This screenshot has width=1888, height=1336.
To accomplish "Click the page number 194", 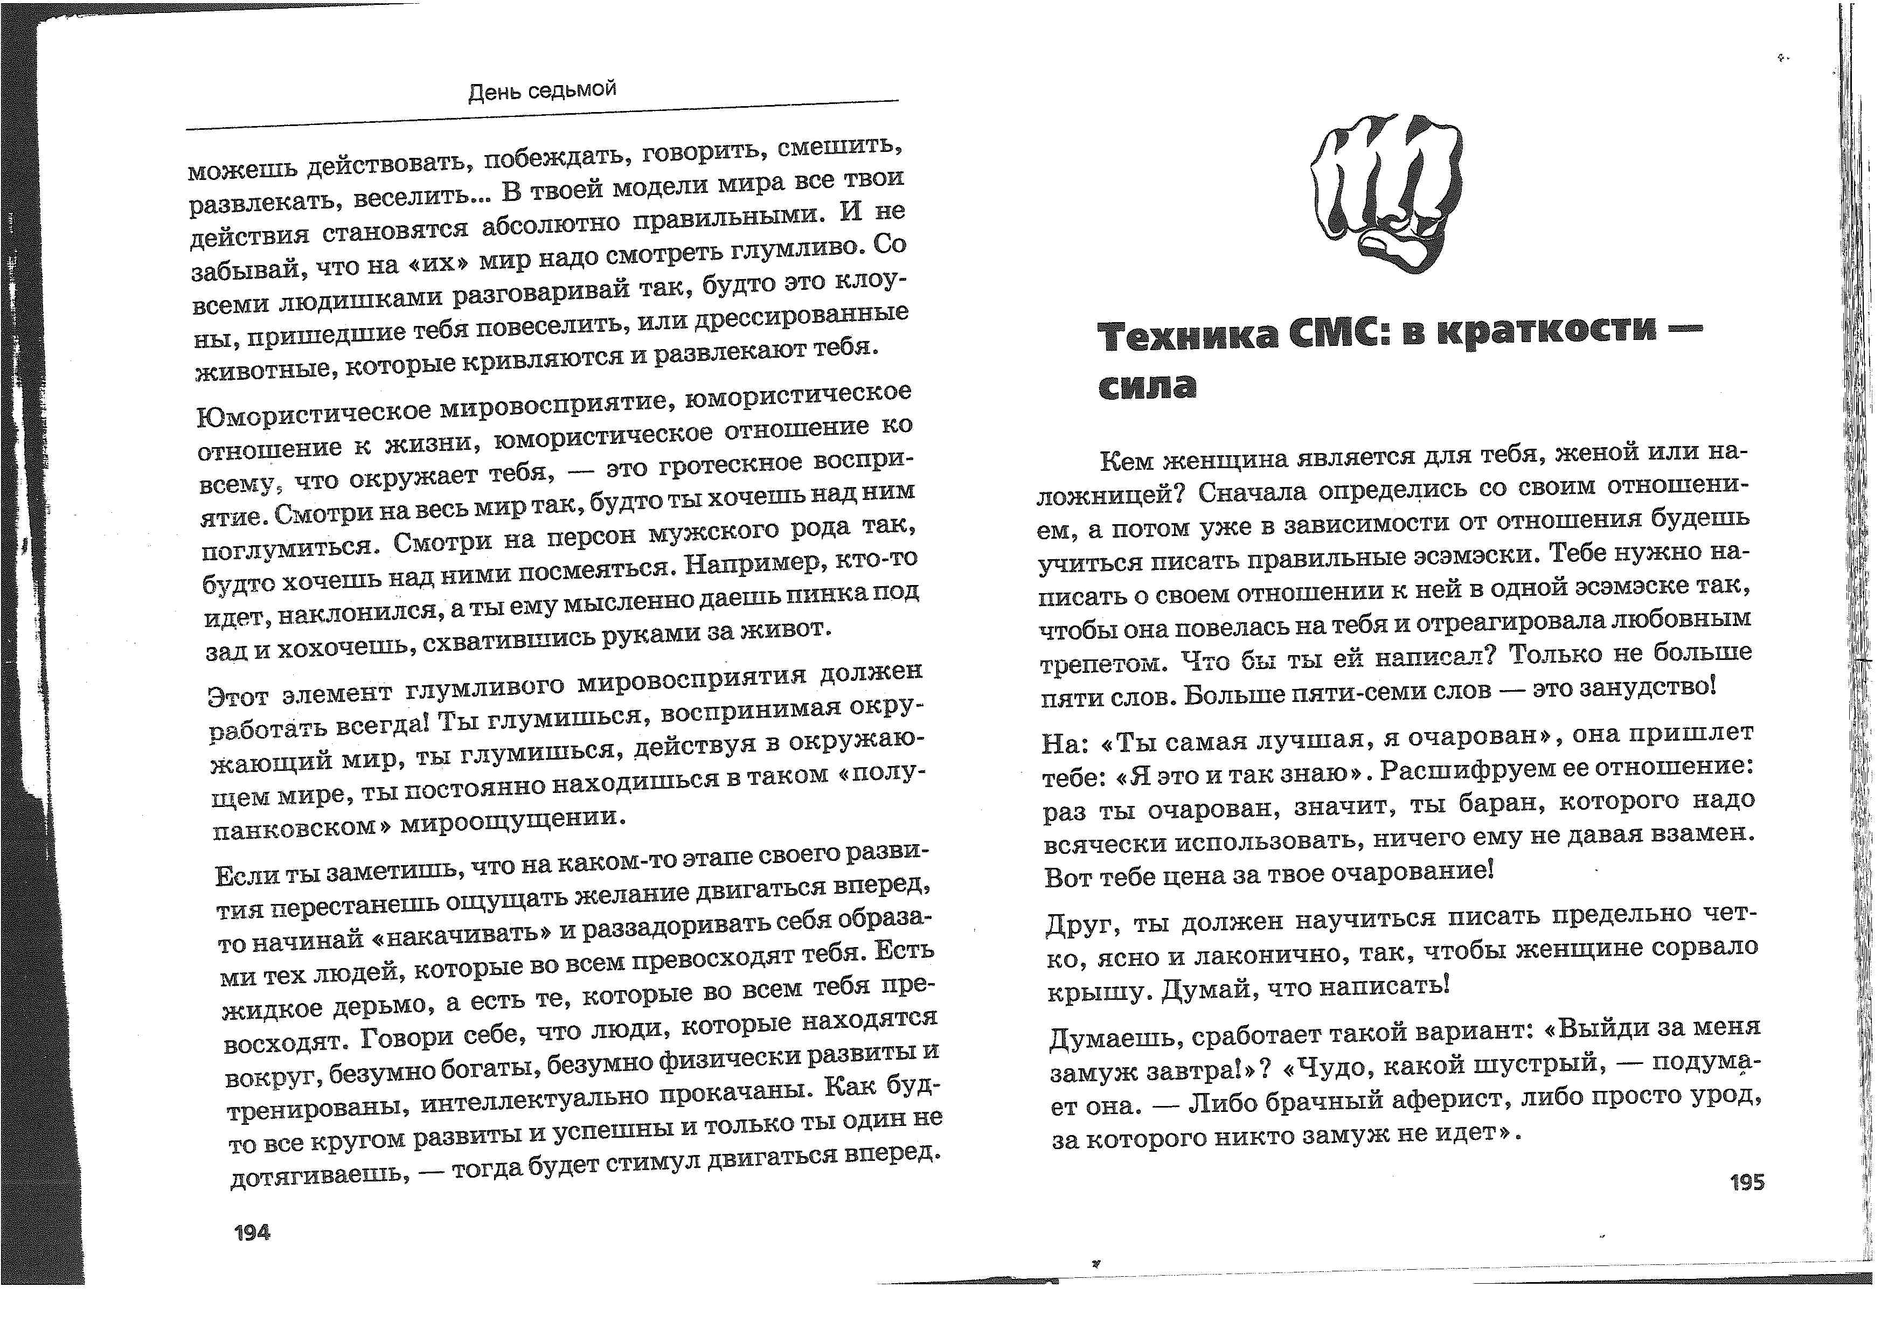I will coord(252,1233).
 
